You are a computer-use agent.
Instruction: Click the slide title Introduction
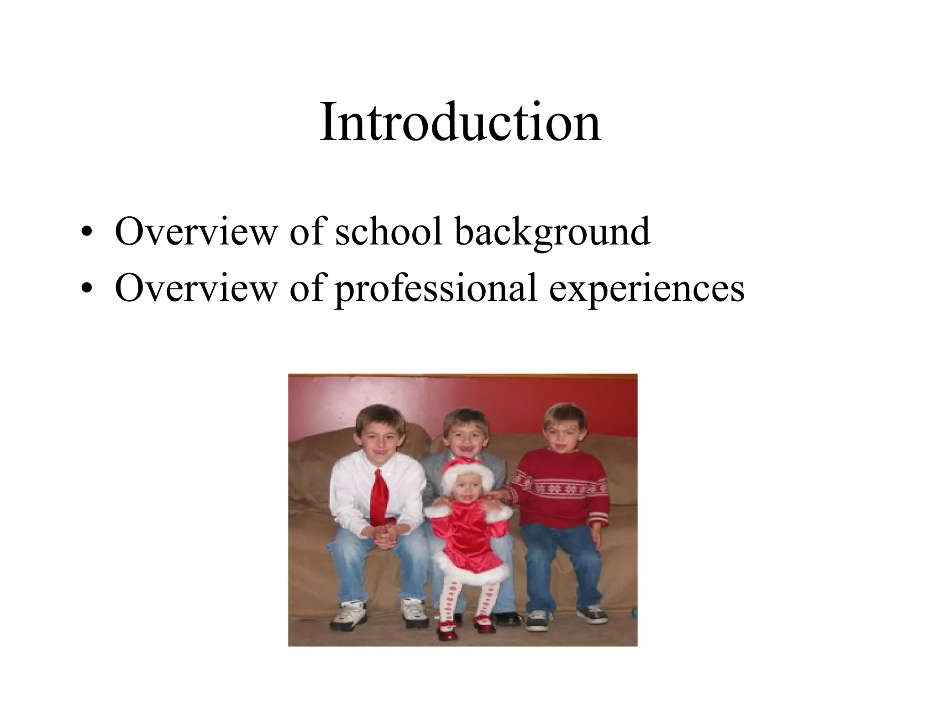460,122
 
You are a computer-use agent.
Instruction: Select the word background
552,232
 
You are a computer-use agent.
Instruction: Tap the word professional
436,288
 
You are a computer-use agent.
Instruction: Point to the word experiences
647,288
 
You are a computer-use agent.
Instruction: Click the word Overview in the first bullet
196,231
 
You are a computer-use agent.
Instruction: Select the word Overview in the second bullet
196,288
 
